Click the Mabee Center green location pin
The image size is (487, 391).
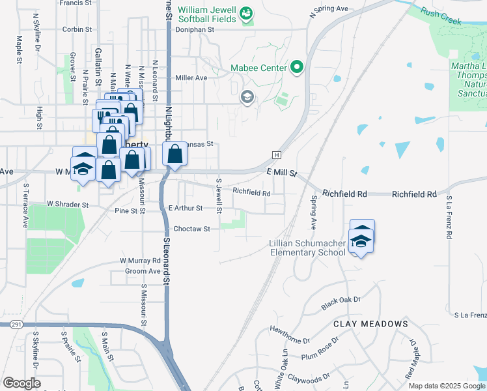click(297, 66)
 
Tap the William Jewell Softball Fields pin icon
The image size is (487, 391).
click(245, 12)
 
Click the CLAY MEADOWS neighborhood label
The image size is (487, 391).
click(370, 324)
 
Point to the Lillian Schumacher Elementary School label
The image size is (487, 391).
click(307, 248)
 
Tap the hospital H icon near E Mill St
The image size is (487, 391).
click(277, 154)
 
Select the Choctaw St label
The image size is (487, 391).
click(191, 229)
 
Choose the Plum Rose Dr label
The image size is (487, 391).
click(320, 348)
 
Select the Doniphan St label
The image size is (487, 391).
click(193, 29)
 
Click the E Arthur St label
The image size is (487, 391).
click(186, 208)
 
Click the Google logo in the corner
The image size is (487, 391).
click(21, 383)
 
